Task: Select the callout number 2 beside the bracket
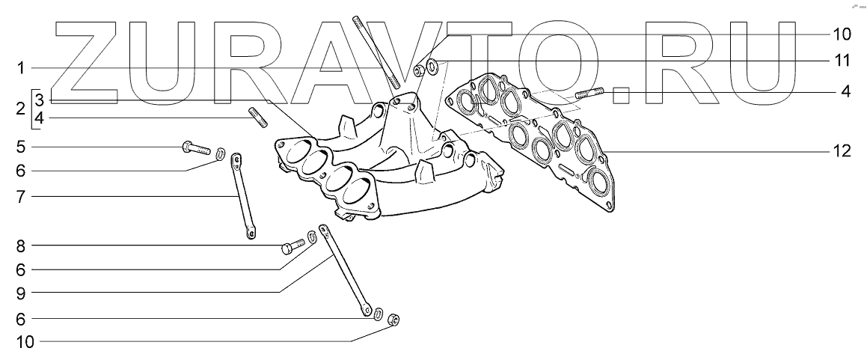click(20, 109)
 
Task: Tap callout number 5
click(21, 146)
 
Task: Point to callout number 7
click(21, 197)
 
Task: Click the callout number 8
click(21, 245)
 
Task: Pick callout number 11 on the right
click(842, 59)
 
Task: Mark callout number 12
click(842, 151)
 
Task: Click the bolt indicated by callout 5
click(195, 147)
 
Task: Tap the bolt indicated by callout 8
click(292, 245)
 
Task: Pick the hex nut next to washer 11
click(420, 70)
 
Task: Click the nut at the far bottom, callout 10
click(395, 321)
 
